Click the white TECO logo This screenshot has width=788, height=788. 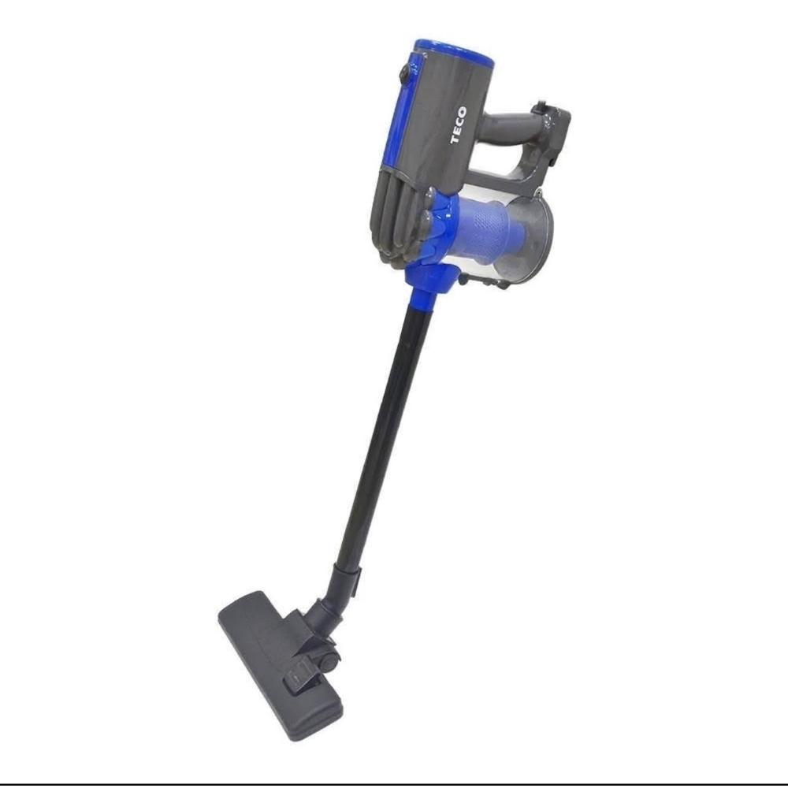(x=459, y=126)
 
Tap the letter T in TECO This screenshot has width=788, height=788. (x=456, y=140)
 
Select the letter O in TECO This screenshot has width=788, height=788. (x=462, y=111)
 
